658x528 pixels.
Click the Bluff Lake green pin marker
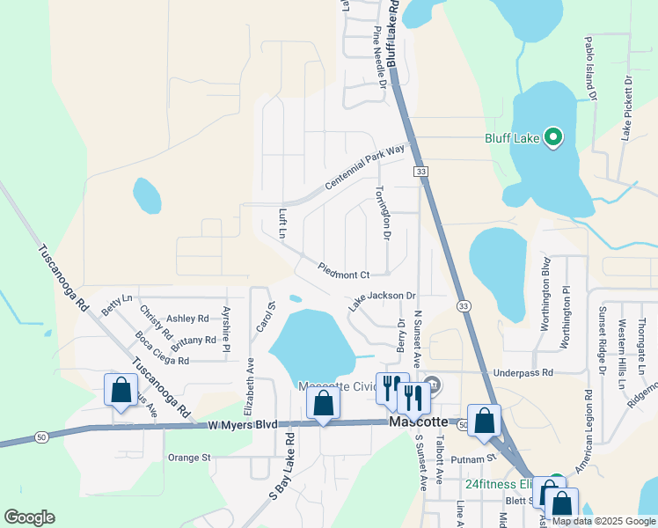coord(552,138)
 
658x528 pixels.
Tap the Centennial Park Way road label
coord(364,166)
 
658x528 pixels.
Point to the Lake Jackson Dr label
coord(382,300)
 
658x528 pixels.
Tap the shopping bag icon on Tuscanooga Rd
coord(121,390)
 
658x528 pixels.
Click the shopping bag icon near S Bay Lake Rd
coord(323,403)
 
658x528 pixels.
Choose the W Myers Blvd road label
coord(243,424)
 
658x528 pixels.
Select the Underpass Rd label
coord(523,373)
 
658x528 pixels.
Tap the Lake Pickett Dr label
coord(628,107)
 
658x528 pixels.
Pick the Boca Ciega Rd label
coord(162,348)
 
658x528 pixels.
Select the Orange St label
coord(190,458)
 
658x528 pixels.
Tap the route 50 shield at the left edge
coord(41,436)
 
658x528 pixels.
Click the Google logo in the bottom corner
coord(29,517)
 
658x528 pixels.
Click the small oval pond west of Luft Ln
coord(147,196)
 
